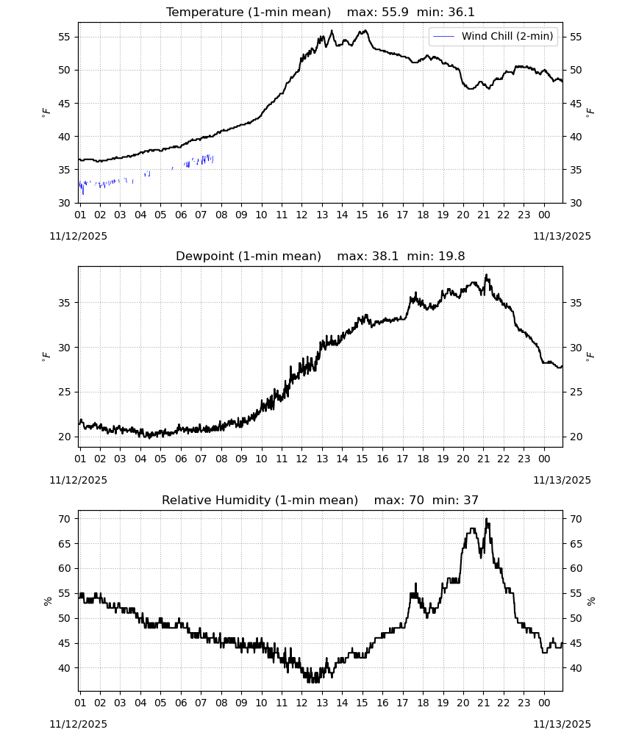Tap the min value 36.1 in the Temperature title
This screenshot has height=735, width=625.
tap(460, 12)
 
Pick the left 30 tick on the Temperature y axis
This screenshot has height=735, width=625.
tap(64, 203)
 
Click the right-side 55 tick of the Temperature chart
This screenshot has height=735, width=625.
tap(576, 37)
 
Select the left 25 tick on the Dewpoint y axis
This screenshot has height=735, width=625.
tap(64, 392)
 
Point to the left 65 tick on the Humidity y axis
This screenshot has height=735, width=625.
tap(64, 544)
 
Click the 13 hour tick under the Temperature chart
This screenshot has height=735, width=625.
tap(322, 215)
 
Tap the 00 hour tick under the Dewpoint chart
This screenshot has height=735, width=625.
tap(544, 459)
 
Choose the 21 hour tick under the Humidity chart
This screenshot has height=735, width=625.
tap(484, 703)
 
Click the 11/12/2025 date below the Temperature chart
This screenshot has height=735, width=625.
tap(78, 236)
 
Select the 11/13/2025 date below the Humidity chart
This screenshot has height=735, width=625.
tap(562, 724)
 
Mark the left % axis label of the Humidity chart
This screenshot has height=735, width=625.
tap(47, 601)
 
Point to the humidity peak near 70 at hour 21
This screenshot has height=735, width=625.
tap(487, 519)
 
